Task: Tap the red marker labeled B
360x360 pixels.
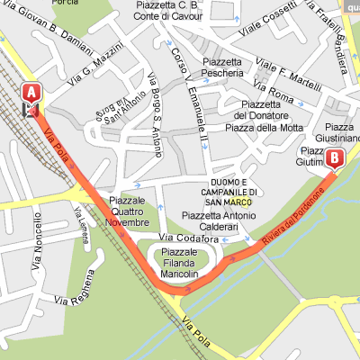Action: (x=336, y=159)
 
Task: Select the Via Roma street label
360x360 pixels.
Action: (x=275, y=91)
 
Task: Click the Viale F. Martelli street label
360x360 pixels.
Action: (x=288, y=74)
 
